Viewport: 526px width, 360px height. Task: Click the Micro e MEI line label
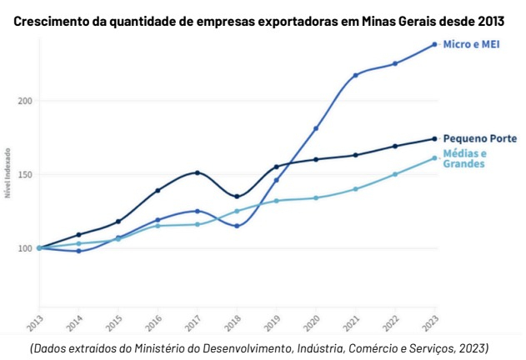coord(470,44)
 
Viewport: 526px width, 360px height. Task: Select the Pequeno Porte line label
coord(479,138)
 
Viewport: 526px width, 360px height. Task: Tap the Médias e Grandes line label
coord(464,159)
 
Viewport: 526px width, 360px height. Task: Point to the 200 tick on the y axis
coord(24,101)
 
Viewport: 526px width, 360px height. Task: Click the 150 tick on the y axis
coord(24,175)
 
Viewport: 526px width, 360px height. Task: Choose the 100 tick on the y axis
coord(24,248)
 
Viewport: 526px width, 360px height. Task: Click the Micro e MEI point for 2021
coord(355,75)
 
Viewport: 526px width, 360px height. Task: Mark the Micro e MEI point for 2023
coord(434,44)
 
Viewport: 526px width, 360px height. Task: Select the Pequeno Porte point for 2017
coord(197,172)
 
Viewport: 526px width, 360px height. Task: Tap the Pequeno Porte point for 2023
coord(434,138)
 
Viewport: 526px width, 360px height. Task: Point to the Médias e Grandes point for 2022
coord(395,174)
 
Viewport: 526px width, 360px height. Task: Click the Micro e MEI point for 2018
coord(237,226)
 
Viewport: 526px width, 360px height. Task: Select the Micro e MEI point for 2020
coord(316,128)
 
